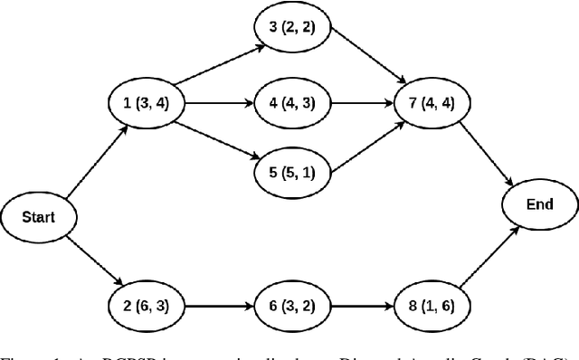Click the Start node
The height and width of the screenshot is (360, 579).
point(37,217)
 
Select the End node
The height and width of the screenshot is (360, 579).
point(539,205)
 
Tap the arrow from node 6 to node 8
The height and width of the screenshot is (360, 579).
point(353,307)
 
